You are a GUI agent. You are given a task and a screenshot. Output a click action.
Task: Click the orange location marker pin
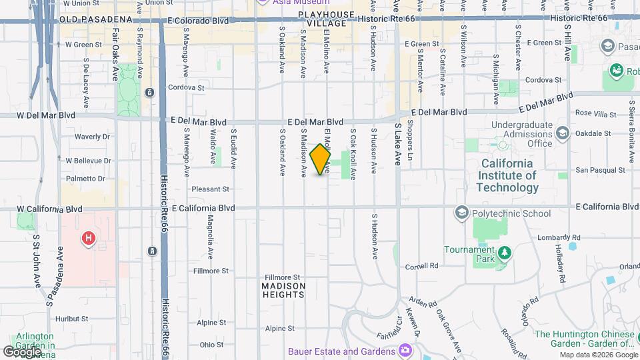click(321, 159)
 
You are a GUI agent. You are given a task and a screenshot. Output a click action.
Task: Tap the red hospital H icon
click(87, 238)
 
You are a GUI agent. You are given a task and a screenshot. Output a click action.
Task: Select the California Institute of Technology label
click(507, 175)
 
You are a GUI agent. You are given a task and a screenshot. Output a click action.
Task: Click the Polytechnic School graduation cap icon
click(461, 213)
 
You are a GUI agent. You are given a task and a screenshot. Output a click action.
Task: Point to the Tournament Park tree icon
click(505, 251)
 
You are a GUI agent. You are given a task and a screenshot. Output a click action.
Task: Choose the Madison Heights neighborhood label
click(283, 290)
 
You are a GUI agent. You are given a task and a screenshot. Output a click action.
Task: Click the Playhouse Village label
click(327, 19)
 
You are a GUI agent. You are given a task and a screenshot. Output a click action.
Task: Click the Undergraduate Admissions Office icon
click(563, 133)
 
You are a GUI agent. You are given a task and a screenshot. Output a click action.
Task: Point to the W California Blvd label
click(50, 209)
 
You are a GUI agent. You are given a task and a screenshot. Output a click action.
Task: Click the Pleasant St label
click(210, 189)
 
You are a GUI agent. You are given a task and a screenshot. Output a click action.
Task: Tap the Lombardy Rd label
click(558, 237)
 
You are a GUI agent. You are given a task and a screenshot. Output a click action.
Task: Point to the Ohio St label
click(211, 345)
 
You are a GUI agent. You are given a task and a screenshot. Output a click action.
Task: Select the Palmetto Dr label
click(85, 179)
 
